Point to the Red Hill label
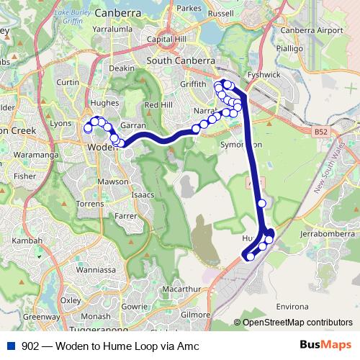158,105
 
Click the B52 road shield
320,132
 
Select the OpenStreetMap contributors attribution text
297,322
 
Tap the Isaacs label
143,195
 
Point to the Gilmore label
195,315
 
